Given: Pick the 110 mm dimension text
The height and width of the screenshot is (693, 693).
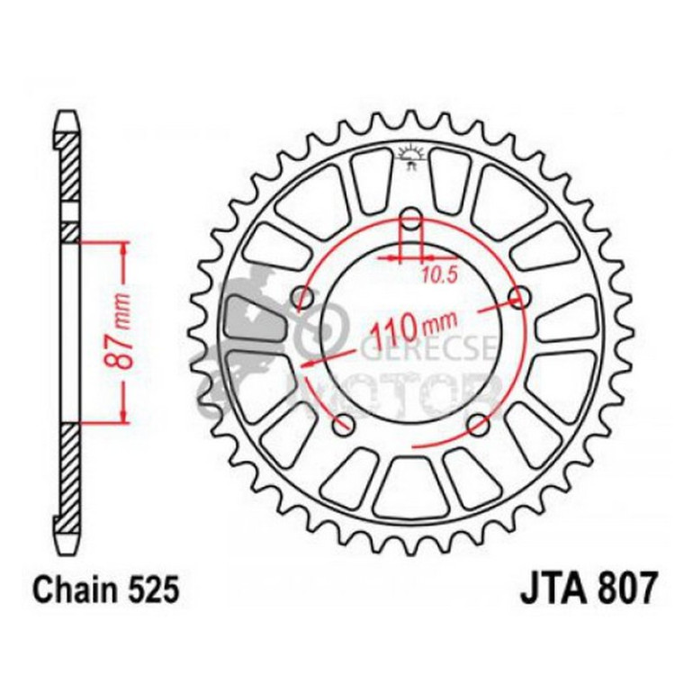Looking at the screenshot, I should pos(410,329).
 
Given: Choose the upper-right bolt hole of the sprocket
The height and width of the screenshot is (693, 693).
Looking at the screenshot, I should pos(517,297).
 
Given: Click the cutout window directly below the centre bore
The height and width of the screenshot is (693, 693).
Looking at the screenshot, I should pos(410,486).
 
